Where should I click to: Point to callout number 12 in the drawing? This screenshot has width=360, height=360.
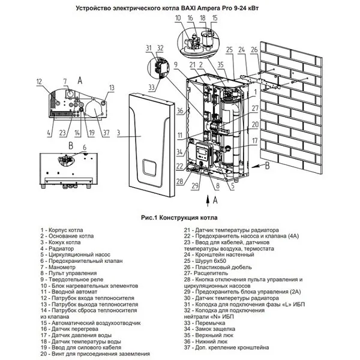tap(38, 82)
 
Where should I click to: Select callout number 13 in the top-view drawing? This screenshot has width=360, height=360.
tap(111, 88)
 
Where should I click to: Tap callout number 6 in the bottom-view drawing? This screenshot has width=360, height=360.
tap(84, 148)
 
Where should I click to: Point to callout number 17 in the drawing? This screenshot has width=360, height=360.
tap(255, 141)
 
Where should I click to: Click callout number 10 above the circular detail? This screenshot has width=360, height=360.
tap(177, 19)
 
